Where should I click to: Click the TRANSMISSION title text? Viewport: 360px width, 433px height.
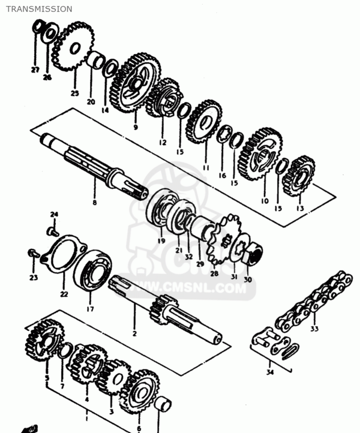(x=39, y=9)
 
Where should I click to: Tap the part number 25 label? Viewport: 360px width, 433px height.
(x=74, y=93)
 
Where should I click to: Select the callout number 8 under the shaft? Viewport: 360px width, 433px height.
(x=94, y=203)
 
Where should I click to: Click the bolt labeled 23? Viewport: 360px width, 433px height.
(x=35, y=254)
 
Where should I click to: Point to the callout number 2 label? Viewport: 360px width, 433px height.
(x=134, y=333)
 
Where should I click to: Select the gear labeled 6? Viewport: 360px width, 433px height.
(x=139, y=393)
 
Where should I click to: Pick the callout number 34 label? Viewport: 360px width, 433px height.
(x=269, y=372)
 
